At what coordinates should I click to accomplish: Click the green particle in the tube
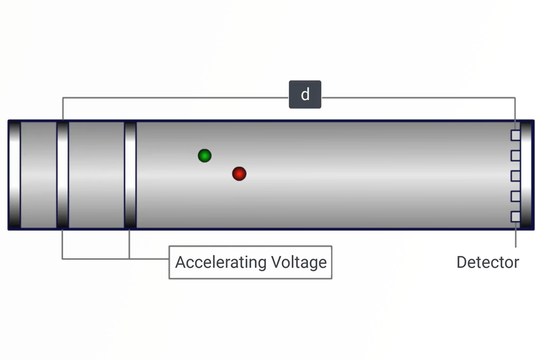coord(205,156)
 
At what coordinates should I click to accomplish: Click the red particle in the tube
coord(239,174)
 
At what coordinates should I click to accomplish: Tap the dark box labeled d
coord(305,94)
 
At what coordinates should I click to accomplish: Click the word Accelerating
coord(221,262)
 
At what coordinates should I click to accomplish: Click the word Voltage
coord(299,262)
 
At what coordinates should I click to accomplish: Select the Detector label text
coord(488,262)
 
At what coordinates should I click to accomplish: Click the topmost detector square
coord(516,135)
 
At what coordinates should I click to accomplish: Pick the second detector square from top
coord(516,156)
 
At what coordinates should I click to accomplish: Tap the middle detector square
coord(516,176)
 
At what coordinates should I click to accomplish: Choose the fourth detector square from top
coord(516,196)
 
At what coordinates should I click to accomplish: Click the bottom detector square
coord(516,217)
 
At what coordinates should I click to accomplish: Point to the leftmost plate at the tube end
coord(15,175)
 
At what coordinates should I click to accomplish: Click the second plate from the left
coord(63,175)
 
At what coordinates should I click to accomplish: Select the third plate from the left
coord(130,175)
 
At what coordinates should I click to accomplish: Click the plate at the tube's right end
coord(526,175)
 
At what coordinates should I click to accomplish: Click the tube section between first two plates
coord(38,175)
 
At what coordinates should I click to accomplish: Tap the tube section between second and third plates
coord(96,175)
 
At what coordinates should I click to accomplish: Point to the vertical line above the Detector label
coord(516,238)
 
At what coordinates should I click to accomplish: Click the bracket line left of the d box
coord(170,98)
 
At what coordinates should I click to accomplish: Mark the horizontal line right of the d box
coord(417,98)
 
